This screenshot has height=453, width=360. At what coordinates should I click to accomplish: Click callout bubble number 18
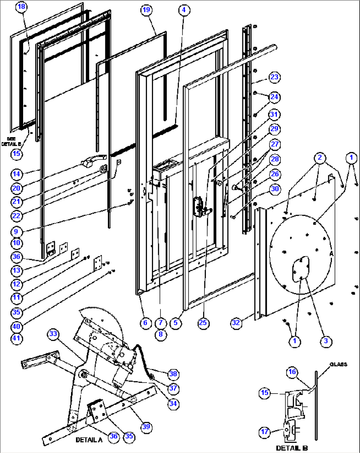click(x=21, y=7)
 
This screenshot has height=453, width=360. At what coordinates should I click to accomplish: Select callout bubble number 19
click(x=146, y=10)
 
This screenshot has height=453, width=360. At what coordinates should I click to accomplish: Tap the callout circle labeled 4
click(x=184, y=10)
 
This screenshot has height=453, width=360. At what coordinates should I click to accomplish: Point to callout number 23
click(x=274, y=77)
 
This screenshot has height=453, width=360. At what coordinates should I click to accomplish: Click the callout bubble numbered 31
click(x=274, y=115)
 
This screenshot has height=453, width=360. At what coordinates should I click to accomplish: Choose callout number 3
click(x=326, y=341)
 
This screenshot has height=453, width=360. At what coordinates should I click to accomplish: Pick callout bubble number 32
click(x=236, y=322)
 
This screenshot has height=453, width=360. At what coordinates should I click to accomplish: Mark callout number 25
click(x=203, y=322)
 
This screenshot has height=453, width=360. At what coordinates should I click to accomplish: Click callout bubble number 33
click(x=53, y=334)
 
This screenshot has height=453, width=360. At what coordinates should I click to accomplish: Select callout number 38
click(x=173, y=374)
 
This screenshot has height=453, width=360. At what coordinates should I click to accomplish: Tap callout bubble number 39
click(x=146, y=427)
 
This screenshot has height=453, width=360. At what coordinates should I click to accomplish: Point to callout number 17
click(x=265, y=432)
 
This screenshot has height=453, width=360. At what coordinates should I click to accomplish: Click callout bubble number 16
click(x=292, y=372)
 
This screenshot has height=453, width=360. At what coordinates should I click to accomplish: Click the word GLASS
click(x=338, y=364)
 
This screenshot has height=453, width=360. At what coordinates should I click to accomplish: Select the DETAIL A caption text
click(x=89, y=440)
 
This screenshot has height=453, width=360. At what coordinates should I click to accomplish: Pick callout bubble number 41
click(x=17, y=338)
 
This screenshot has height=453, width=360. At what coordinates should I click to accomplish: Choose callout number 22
click(x=17, y=215)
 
